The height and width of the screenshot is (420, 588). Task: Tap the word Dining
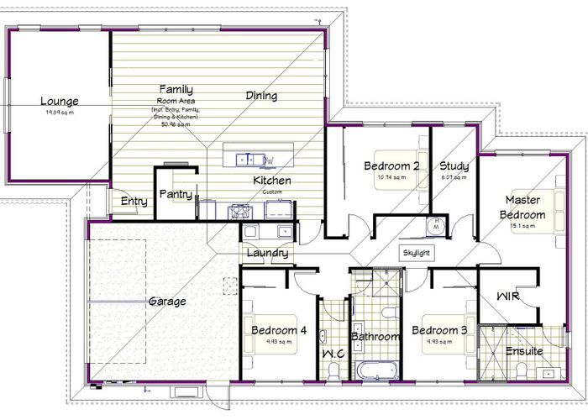point(261,96)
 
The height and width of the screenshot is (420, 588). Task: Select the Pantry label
point(176,195)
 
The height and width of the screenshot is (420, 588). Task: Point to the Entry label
point(134,201)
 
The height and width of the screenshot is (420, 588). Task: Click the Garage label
point(167,301)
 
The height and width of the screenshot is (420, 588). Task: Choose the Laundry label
point(268,253)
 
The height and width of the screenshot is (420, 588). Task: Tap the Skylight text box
point(417,252)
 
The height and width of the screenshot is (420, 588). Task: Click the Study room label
point(454,165)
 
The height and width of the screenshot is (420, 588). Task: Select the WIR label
point(508,297)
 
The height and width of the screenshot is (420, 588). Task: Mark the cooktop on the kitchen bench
point(240,211)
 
